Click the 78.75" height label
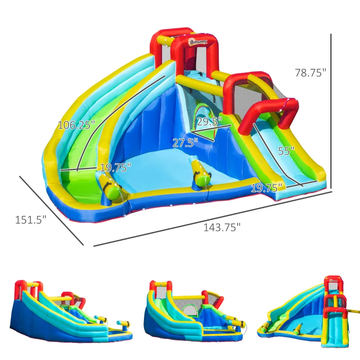tap(310, 72)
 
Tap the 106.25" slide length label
tap(76, 125)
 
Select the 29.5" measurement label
tap(210, 122)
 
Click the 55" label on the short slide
tap(286, 151)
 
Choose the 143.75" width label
tap(222, 227)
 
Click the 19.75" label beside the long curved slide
tap(116, 168)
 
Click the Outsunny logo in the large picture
tap(198, 42)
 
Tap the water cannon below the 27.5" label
tap(201, 173)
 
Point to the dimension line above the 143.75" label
tap(211, 218)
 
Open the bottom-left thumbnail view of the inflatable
tap(72, 313)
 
